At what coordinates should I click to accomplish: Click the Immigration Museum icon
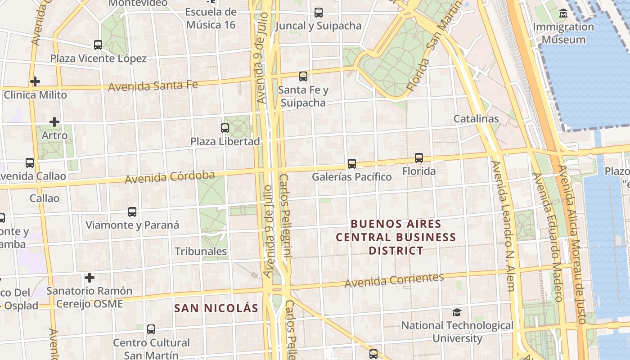pos(563,13)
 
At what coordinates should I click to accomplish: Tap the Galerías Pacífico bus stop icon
pos(352,164)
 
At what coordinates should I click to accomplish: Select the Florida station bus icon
pos(419,158)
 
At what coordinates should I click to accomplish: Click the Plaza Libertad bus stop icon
pos(225,128)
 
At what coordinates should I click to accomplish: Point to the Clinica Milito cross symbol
pos(35,81)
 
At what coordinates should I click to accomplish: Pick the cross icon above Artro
pos(54,122)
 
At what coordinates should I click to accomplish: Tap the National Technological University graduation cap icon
pos(457,312)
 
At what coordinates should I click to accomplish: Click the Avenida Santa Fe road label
pos(153,85)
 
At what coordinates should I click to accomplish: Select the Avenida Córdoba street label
pos(170,177)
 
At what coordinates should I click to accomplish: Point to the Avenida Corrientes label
pos(394,280)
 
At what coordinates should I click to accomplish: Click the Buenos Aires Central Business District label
pos(396,237)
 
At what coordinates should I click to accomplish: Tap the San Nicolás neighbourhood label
pos(216,308)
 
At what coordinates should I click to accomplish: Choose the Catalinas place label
pos(476,119)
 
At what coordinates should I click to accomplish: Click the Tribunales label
pos(201,251)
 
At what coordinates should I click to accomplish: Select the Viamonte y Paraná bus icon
pos(132,212)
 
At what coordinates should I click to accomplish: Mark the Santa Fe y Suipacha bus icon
pos(303,76)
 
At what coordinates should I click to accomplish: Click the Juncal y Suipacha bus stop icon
pos(319,13)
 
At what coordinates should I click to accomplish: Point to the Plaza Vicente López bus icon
pos(98,45)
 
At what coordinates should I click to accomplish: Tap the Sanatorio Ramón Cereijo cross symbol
pos(90,278)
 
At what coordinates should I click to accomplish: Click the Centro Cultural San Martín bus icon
pos(151,329)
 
